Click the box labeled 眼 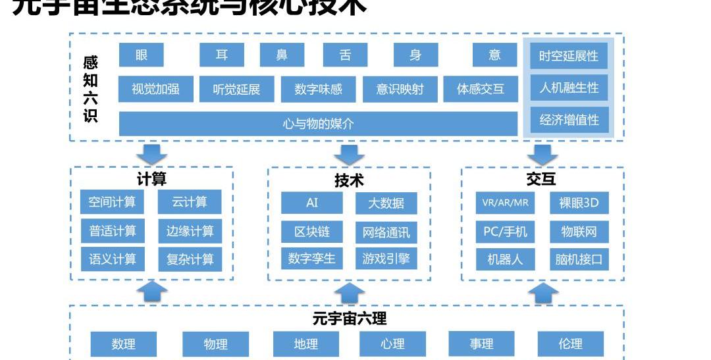pos(142,55)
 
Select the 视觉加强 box pos(155,89)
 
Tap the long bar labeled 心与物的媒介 pos(318,123)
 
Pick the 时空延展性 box pos(569,56)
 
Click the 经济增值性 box pos(569,120)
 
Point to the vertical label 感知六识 pos(90,89)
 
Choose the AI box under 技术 pos(312,203)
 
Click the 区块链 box pos(312,232)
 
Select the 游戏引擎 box pos(386,259)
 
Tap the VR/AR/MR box pos(505,203)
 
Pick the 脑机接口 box pos(579,259)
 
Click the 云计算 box pos(190,202)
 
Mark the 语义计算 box pos(113,259)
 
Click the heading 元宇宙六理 pos(350,319)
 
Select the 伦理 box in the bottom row pos(570,344)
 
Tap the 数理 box pos(123,344)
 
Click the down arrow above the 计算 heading pos(152,154)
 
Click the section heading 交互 pos(541,179)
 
